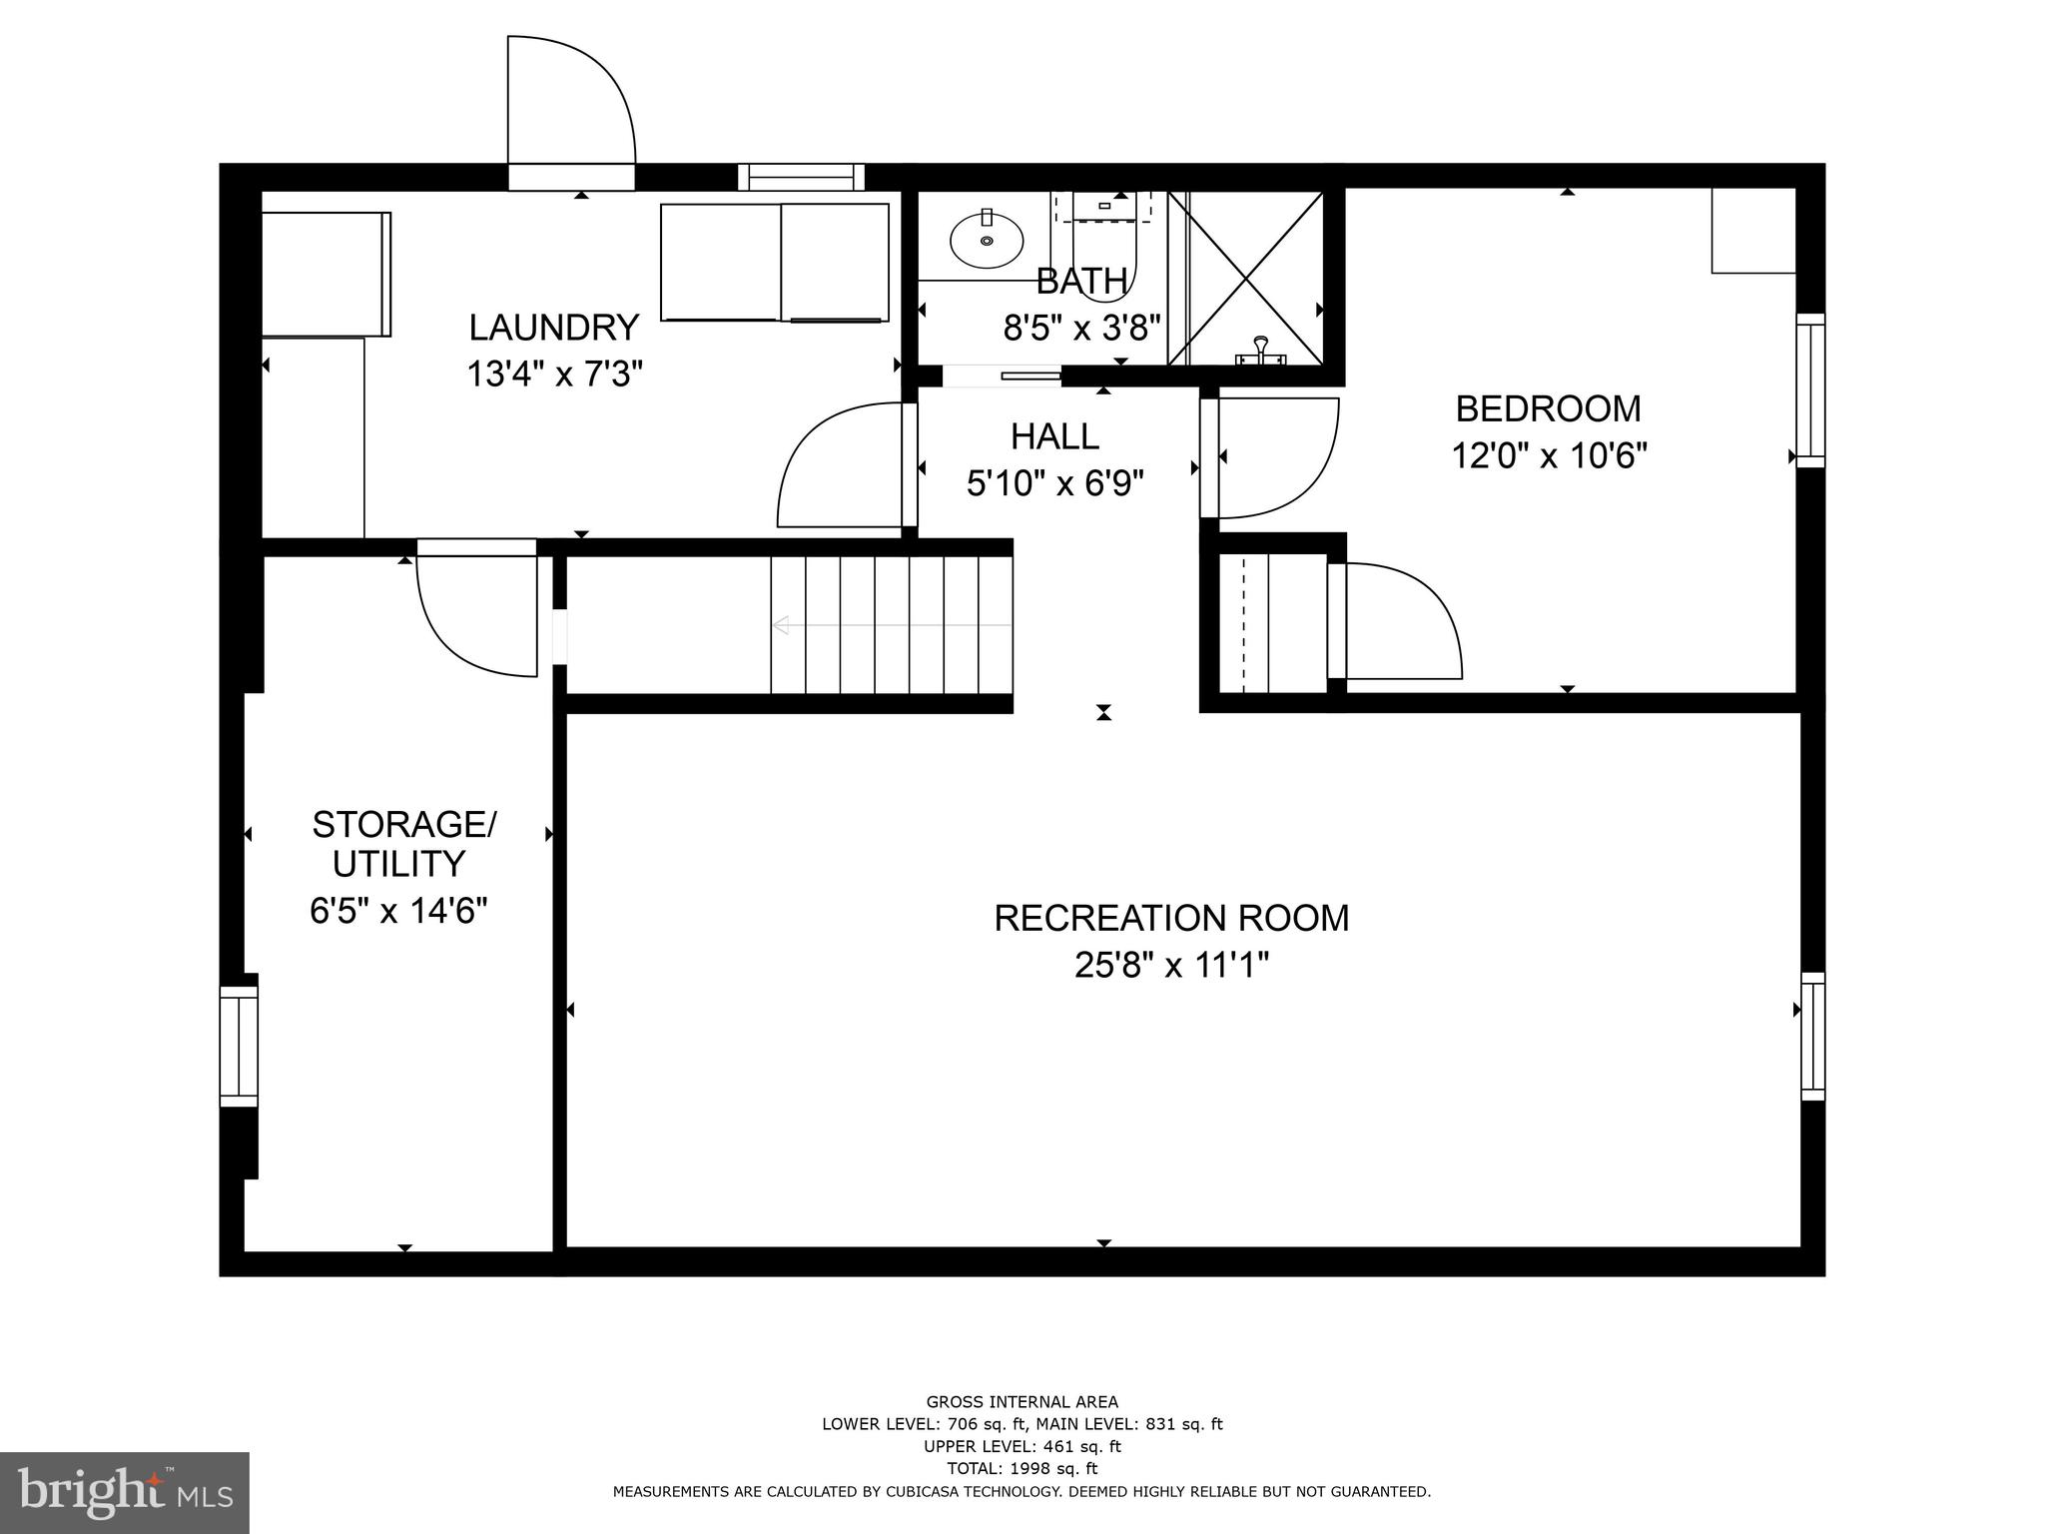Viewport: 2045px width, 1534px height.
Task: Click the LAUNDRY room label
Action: [x=554, y=328]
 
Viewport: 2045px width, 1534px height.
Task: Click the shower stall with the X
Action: [x=1246, y=279]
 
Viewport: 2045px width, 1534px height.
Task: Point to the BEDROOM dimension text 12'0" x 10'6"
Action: [x=1548, y=456]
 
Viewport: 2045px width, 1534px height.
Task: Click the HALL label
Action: [x=1054, y=436]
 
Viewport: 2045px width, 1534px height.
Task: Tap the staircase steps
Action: [x=891, y=625]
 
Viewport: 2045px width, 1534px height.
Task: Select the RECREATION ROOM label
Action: [x=1171, y=918]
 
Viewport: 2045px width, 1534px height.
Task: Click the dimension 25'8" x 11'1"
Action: [x=1171, y=966]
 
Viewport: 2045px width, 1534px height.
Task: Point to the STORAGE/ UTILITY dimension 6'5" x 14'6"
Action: [x=398, y=911]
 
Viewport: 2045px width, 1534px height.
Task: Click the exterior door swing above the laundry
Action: [x=570, y=100]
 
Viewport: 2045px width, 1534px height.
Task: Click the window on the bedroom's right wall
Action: [x=1810, y=389]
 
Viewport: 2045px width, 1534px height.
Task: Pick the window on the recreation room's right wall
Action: [x=1812, y=1037]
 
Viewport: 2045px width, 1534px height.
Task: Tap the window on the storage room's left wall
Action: [x=239, y=1046]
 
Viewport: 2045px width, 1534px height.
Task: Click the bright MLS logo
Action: [x=125, y=1492]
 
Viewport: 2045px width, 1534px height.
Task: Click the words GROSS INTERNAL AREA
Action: [x=1022, y=1402]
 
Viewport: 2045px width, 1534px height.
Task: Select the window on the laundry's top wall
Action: [x=801, y=177]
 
